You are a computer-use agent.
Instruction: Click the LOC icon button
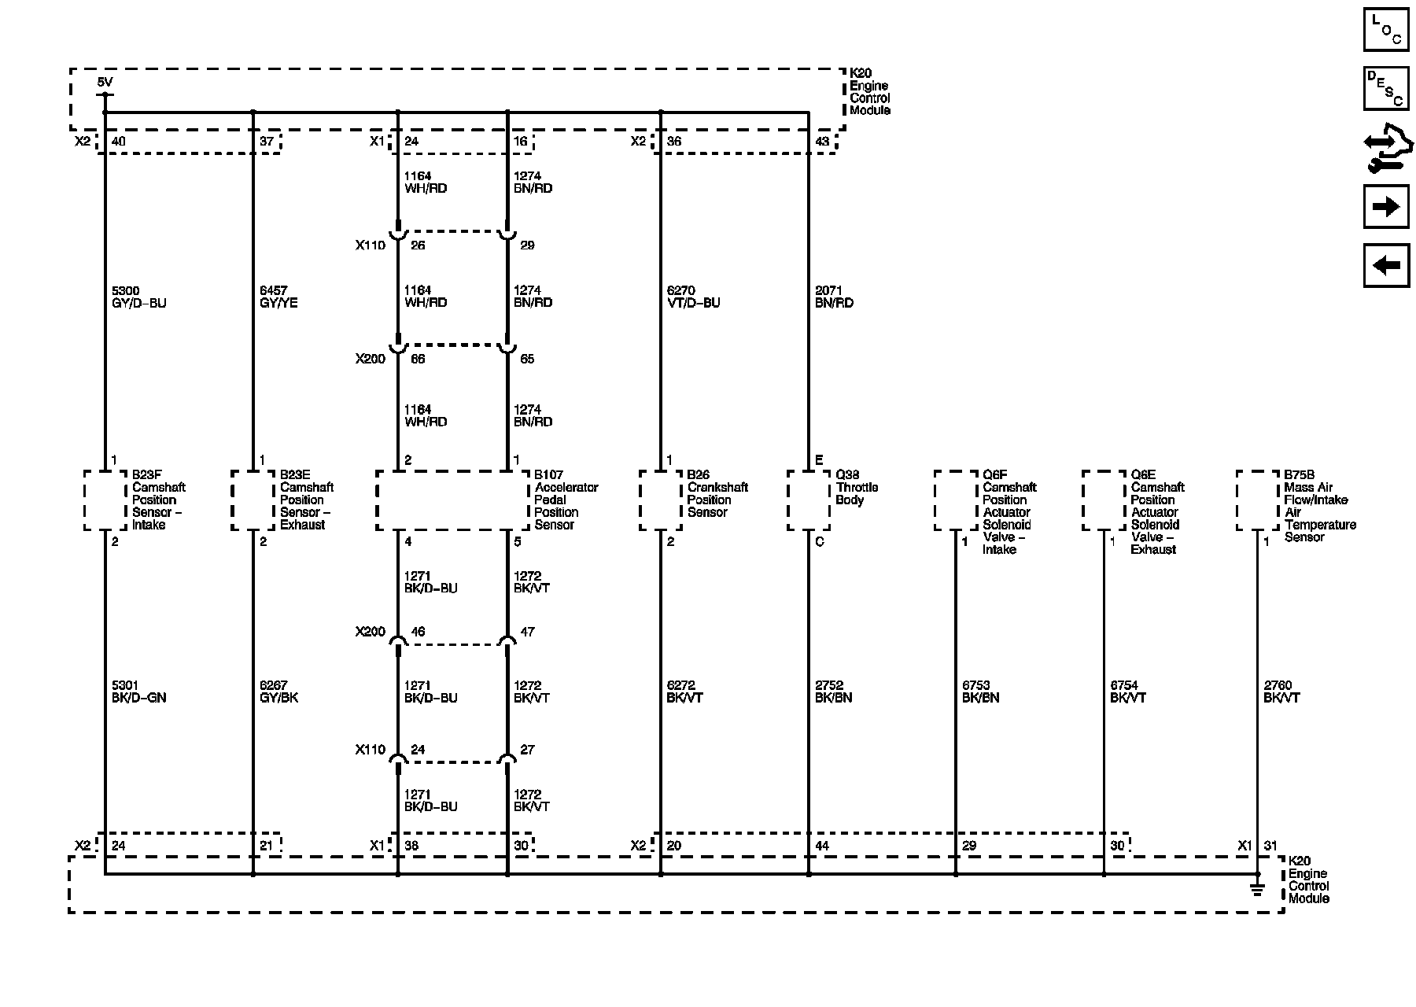(1385, 29)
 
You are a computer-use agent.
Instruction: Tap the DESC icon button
(1385, 88)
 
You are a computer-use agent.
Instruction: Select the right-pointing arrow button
(1385, 207)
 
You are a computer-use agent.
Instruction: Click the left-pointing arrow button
(1385, 265)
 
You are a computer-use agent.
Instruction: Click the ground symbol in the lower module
(1257, 889)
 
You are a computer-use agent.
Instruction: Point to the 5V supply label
(105, 82)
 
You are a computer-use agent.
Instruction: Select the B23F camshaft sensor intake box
(105, 500)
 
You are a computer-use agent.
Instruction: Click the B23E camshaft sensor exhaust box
(253, 500)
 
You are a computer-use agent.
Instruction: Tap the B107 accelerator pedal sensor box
(452, 500)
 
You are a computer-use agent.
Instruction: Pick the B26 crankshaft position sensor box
(661, 500)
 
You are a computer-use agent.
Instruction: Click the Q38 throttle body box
(809, 500)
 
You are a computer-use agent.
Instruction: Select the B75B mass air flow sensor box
(1257, 500)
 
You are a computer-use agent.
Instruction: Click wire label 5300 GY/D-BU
(139, 297)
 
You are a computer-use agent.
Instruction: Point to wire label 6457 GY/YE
(278, 297)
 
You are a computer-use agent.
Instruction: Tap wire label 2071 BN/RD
(834, 297)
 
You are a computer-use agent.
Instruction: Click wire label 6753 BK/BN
(980, 692)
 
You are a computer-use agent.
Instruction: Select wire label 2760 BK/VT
(1281, 692)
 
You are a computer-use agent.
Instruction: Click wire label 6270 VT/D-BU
(693, 297)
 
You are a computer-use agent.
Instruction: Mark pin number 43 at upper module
(822, 142)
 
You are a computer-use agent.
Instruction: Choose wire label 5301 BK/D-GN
(139, 692)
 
